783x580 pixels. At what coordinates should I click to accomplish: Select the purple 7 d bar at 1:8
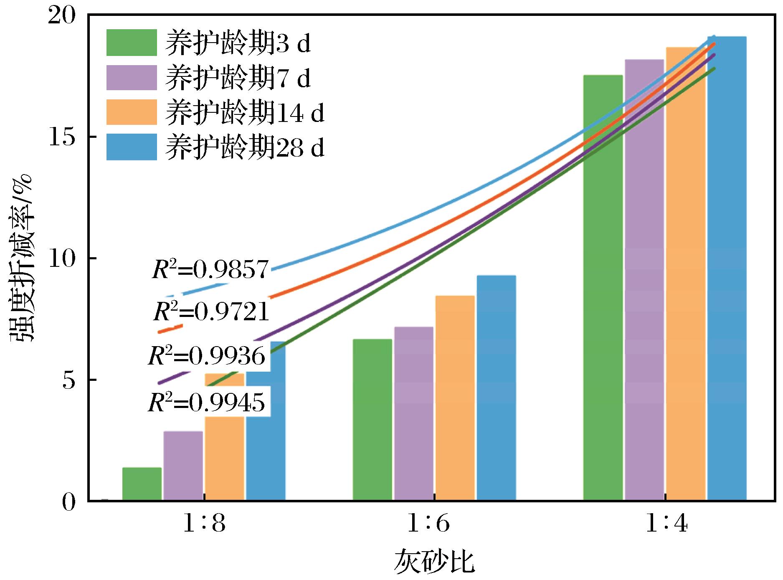pyautogui.click(x=183, y=466)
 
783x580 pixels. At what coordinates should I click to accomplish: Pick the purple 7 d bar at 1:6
pyautogui.click(x=413, y=413)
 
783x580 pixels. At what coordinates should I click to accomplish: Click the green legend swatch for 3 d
pyautogui.click(x=132, y=43)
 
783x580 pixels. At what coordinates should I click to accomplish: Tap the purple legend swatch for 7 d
pyautogui.click(x=132, y=77)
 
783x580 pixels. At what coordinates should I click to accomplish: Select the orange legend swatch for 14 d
pyautogui.click(x=132, y=112)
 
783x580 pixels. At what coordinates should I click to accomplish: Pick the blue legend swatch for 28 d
pyautogui.click(x=132, y=147)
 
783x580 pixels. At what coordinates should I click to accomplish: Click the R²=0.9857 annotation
pyautogui.click(x=210, y=270)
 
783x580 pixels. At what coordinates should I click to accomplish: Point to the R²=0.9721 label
pyautogui.click(x=211, y=312)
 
